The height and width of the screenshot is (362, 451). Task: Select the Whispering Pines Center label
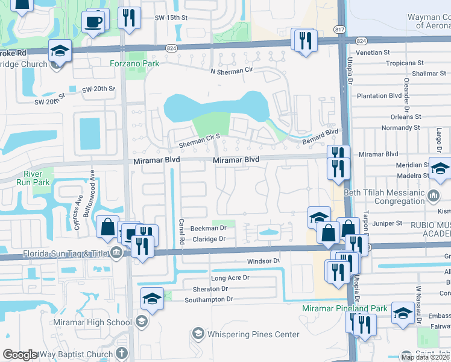[253, 334]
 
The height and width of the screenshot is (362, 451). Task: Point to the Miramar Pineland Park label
[345, 308]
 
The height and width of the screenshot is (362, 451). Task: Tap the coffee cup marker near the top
[93, 22]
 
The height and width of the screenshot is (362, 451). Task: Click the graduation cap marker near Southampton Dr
[152, 298]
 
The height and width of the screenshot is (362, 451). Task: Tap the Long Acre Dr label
[230, 278]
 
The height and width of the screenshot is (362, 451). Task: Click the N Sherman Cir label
[231, 71]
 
